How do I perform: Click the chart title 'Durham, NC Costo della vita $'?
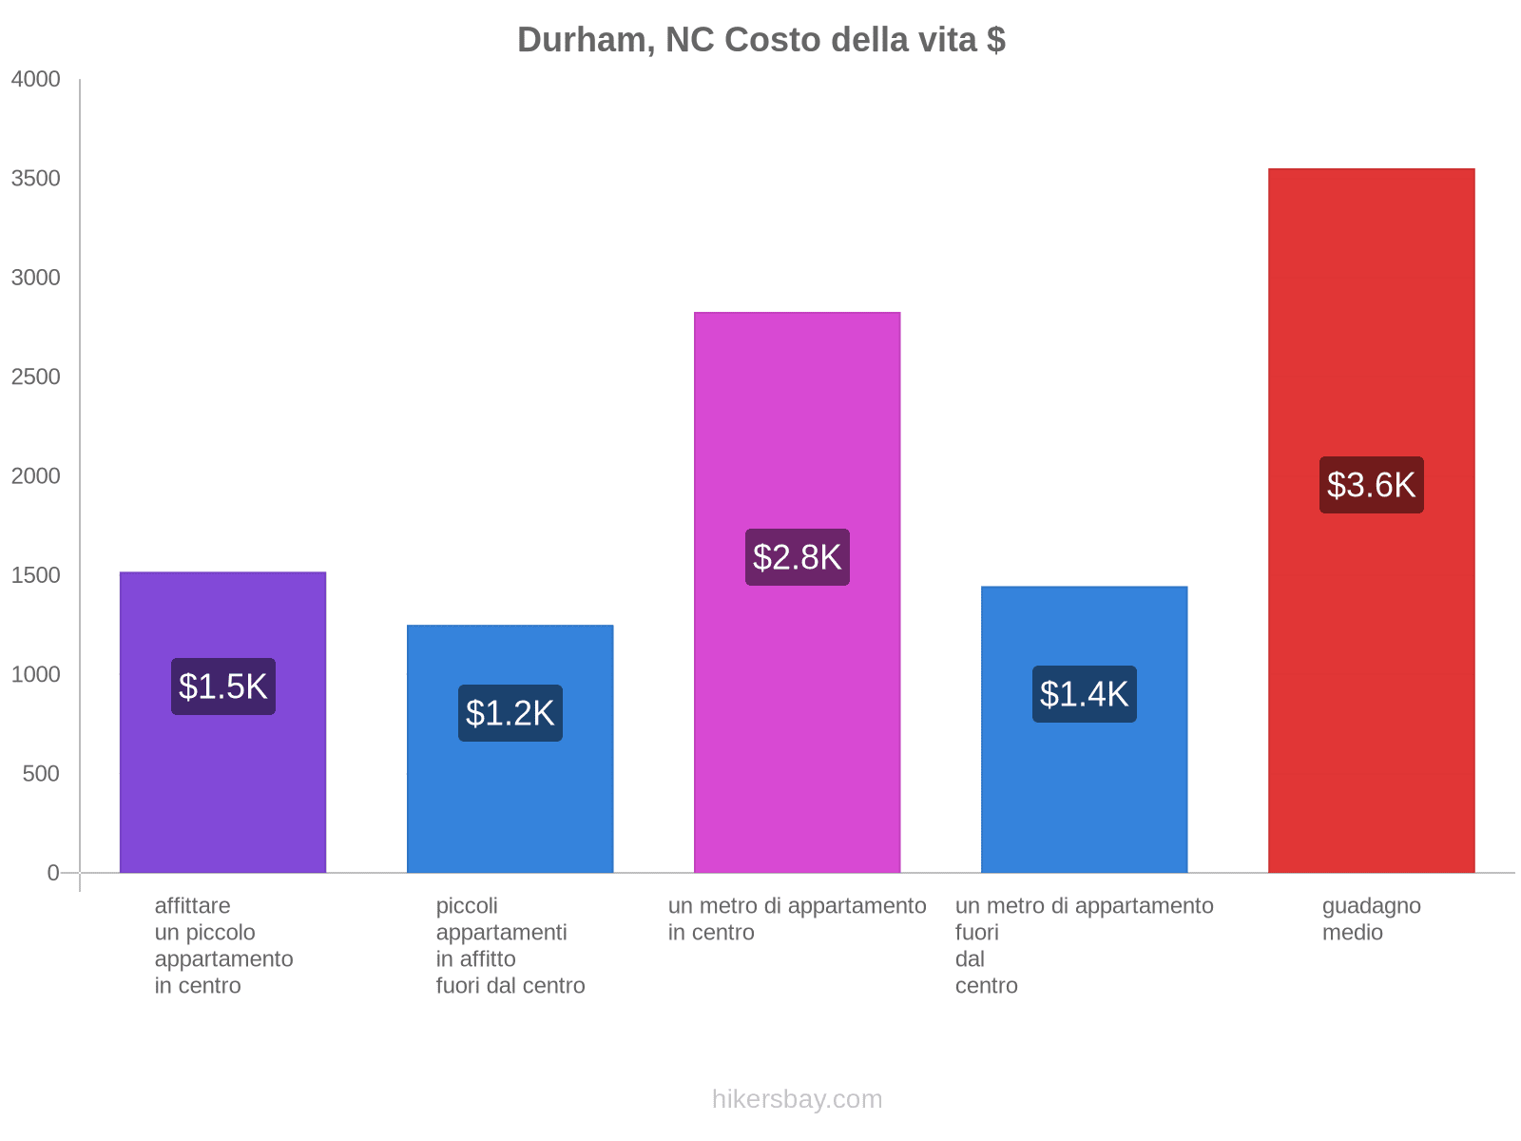click(x=760, y=40)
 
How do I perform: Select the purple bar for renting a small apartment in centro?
click(x=222, y=722)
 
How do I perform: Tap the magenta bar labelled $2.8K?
click(x=797, y=592)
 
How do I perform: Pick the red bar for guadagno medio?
click(x=1372, y=520)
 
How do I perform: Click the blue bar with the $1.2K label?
click(x=510, y=749)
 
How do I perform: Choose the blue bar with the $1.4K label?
click(x=1084, y=729)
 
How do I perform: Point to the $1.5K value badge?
click(x=223, y=687)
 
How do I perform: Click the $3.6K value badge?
click(x=1372, y=485)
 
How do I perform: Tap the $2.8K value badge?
click(x=797, y=557)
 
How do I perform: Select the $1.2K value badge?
click(x=510, y=713)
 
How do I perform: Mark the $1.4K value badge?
click(x=1085, y=694)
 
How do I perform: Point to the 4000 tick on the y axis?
click(x=35, y=79)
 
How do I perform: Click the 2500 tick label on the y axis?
click(x=35, y=377)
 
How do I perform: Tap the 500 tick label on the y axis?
click(x=41, y=774)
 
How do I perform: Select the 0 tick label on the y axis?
click(x=53, y=873)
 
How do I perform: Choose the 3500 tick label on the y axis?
click(x=35, y=178)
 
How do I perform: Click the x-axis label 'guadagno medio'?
click(x=1372, y=919)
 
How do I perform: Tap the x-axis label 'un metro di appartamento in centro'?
click(x=797, y=919)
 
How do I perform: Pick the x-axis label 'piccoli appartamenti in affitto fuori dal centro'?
click(x=510, y=946)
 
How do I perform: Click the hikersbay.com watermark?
click(x=797, y=1099)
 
